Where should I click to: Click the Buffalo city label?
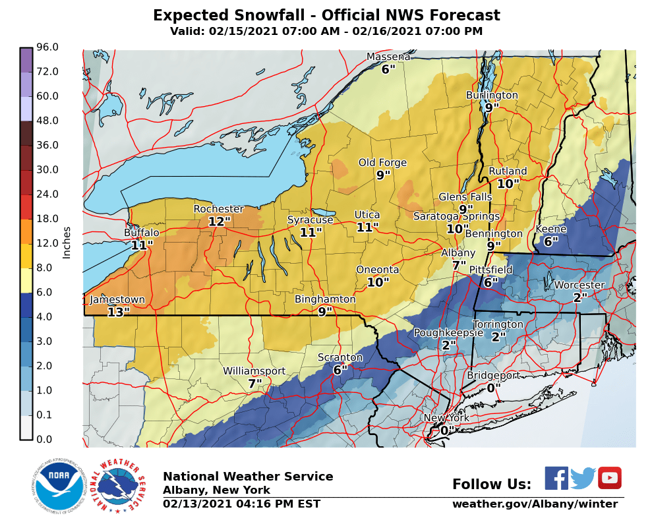(142, 233)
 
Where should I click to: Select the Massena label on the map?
(388, 57)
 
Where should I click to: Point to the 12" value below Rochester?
(220, 222)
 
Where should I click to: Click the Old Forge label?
(382, 163)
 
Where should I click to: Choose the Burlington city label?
(492, 96)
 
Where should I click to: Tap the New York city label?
(446, 418)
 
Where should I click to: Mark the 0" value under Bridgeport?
(490, 388)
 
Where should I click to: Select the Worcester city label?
(579, 285)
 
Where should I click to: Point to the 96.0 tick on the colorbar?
(48, 47)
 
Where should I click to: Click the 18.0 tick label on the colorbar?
(48, 218)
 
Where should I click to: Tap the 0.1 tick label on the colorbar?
(48, 415)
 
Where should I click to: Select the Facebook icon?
(556, 478)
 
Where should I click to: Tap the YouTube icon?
(609, 478)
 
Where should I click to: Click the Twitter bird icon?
(583, 478)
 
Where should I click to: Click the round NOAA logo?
(59, 488)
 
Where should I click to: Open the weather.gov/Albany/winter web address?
(535, 504)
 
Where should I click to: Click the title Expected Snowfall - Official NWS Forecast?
(326, 16)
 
